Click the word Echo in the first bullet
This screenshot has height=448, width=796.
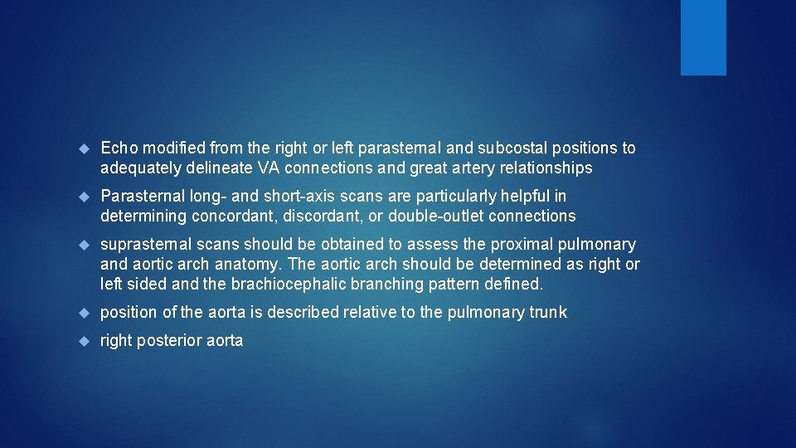pyautogui.click(x=118, y=149)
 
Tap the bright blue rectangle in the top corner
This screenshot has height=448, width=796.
pyautogui.click(x=703, y=37)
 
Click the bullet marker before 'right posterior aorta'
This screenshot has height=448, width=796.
pyautogui.click(x=83, y=341)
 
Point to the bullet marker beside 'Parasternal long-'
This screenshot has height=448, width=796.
pyautogui.click(x=83, y=197)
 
